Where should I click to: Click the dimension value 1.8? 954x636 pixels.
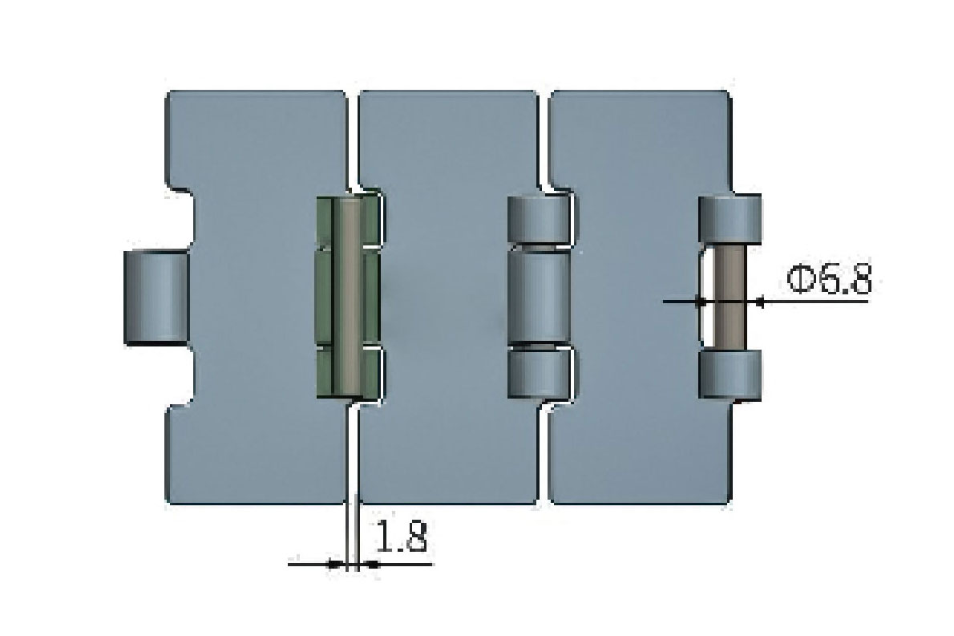401,537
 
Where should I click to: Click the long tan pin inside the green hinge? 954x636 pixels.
348,297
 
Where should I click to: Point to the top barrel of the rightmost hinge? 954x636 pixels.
730,219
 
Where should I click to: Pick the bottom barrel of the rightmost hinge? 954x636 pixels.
730,375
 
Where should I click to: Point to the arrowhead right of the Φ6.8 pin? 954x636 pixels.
760,302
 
